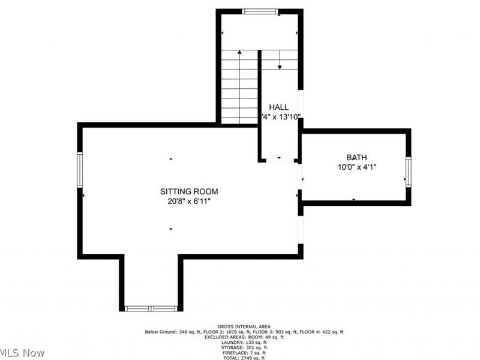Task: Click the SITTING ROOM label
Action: click(189, 191)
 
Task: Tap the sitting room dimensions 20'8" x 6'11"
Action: click(189, 202)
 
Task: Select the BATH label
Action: click(355, 157)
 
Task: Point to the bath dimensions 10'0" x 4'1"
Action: click(355, 167)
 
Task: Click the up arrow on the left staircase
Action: click(239, 54)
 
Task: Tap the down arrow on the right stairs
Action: click(280, 65)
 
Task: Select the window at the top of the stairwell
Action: click(260, 11)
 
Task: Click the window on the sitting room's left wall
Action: click(79, 169)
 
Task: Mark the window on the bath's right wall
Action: click(408, 172)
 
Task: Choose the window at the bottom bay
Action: click(151, 308)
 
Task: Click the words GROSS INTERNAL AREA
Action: click(243, 326)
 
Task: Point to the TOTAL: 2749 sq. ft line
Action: click(243, 357)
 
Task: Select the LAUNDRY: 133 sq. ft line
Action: click(243, 342)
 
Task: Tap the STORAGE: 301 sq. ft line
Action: click(243, 347)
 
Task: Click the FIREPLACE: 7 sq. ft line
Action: click(243, 352)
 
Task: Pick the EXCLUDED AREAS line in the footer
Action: click(243, 337)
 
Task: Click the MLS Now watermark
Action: click(22, 353)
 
